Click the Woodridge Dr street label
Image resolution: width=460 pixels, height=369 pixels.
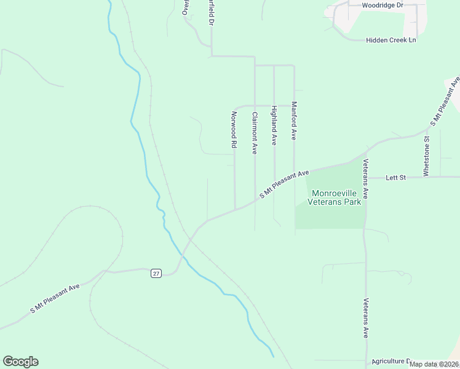(382, 5)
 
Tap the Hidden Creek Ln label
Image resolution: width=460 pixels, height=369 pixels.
(391, 40)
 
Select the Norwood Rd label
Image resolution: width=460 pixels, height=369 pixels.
(234, 130)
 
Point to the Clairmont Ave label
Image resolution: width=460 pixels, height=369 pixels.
(254, 132)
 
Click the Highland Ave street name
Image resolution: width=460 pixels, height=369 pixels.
(274, 125)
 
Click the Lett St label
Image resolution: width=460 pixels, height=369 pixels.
(396, 178)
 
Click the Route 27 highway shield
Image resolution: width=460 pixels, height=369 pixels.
(156, 273)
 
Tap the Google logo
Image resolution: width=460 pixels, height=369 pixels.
(20, 362)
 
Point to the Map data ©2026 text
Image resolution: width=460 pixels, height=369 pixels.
(434, 364)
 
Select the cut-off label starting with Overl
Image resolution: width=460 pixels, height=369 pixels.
(185, 7)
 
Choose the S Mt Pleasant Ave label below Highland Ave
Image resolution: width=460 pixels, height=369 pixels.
(284, 184)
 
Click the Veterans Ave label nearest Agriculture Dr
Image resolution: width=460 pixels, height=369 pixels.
(365, 318)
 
